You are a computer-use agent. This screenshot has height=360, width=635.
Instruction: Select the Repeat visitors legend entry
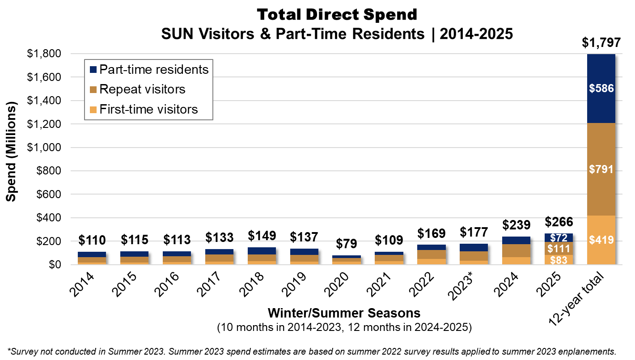click(x=142, y=89)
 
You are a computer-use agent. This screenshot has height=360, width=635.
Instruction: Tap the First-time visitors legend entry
click(x=148, y=110)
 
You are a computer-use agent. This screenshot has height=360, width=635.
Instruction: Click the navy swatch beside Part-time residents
click(x=93, y=70)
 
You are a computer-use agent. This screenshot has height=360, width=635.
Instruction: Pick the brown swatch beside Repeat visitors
click(x=93, y=89)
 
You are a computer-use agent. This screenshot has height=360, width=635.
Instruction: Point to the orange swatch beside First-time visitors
click(x=93, y=110)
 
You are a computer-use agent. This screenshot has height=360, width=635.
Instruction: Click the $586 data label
click(x=601, y=89)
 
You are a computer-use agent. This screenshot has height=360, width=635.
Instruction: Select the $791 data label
click(x=601, y=169)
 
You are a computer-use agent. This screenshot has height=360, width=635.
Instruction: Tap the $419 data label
click(x=601, y=240)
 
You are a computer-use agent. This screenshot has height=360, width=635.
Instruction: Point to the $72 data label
click(x=559, y=238)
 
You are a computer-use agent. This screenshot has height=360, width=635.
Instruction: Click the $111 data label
click(x=559, y=249)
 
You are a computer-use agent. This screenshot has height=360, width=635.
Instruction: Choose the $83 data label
click(x=559, y=260)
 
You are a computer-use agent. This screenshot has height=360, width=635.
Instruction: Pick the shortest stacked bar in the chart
click(x=347, y=260)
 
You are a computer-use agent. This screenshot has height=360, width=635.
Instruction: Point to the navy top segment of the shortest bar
click(x=347, y=257)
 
